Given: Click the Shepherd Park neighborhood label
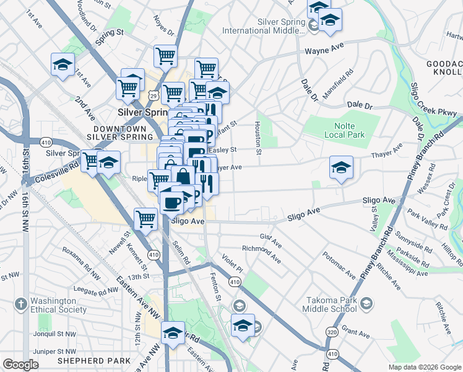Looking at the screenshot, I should (93, 360).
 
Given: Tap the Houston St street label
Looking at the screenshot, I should (257, 135).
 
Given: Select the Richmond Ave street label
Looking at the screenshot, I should (261, 250).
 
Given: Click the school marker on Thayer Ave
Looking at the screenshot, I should (341, 167).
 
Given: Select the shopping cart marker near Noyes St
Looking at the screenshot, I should (166, 56).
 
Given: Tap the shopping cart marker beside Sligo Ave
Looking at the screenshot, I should (145, 218).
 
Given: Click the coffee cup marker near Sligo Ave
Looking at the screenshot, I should (171, 201).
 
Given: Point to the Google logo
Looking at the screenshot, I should (20, 365).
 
